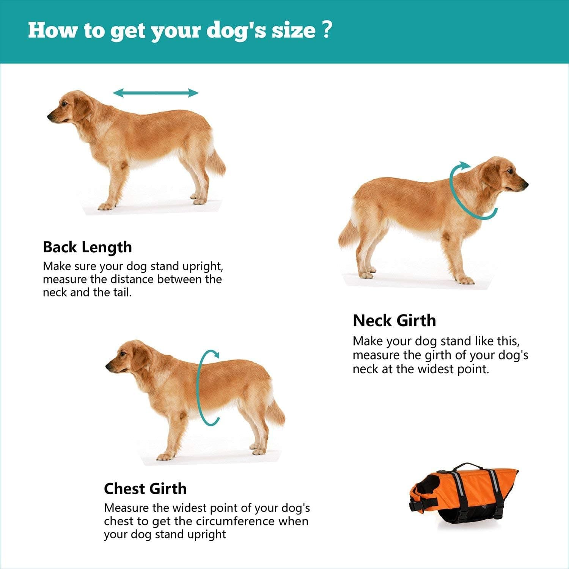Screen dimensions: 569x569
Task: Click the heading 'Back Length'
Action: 87,247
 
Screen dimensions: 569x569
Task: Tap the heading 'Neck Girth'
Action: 394,321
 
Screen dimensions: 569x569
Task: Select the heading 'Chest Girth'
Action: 145,489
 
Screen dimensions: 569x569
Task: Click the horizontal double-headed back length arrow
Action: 156,93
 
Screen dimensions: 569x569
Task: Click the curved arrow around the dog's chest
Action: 200,387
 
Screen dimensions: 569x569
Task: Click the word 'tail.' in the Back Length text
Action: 122,292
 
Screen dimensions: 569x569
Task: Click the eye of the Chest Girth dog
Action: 123,354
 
